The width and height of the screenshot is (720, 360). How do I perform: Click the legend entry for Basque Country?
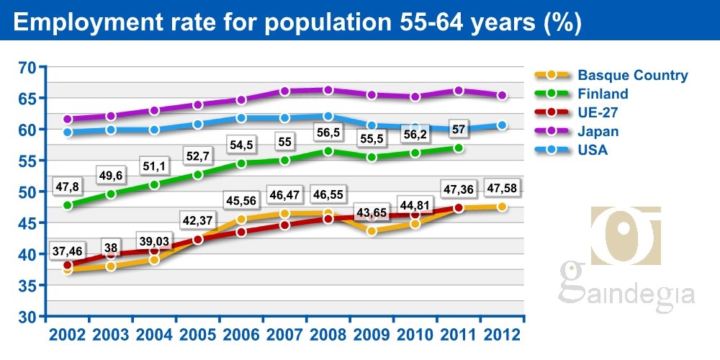[x=632, y=75]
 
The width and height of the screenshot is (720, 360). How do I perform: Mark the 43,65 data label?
[x=372, y=214]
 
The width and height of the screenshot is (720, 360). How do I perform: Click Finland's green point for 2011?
[x=458, y=148]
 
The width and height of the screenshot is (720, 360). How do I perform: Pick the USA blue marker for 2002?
[x=68, y=132]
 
